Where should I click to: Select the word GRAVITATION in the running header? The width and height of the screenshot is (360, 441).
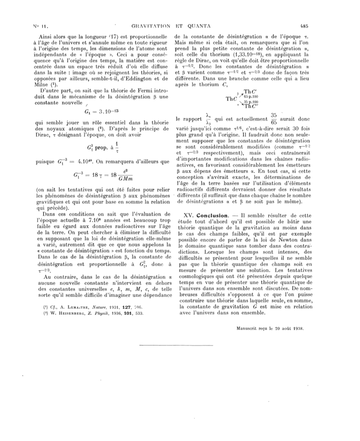point(147,25)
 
